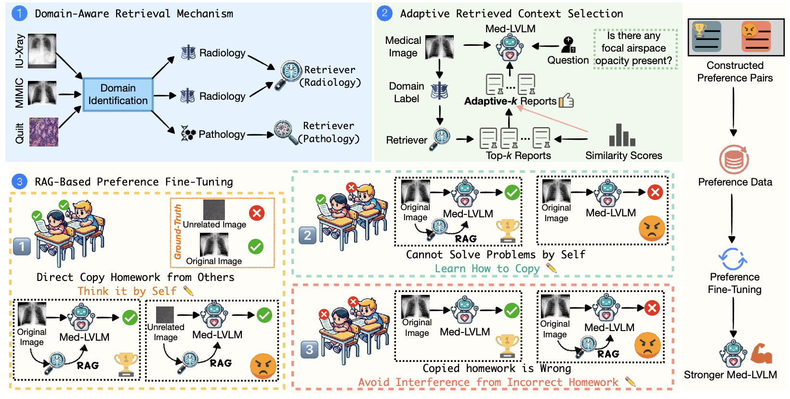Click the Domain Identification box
point(118,94)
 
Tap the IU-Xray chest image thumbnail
point(42,51)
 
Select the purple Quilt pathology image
point(44,132)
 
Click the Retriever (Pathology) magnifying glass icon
point(286,133)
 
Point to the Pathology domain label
point(213,134)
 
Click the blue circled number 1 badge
point(19,13)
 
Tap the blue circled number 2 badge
point(384,13)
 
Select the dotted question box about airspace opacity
point(635,48)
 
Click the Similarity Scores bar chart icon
point(622,135)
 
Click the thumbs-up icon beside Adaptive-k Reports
point(566,100)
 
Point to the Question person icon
point(568,45)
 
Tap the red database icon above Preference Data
point(734,160)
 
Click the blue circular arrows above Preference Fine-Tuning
point(733,259)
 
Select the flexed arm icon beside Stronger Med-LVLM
point(761,354)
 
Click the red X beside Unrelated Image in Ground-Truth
point(257,213)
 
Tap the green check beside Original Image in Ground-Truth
point(256,246)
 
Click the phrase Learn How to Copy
point(487,268)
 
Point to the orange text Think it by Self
point(127,291)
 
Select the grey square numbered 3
point(309,349)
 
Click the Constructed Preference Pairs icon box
point(736,38)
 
